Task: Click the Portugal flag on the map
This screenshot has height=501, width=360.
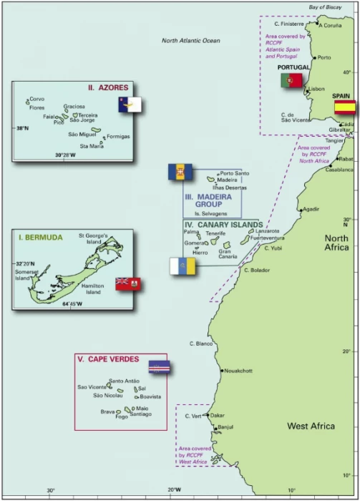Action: coord(291,80)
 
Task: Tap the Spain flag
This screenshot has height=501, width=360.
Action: coord(345,107)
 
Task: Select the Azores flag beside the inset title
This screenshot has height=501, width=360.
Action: coord(130,104)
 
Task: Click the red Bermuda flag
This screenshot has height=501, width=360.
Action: coord(129,284)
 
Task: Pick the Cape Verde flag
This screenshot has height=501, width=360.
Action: coord(159,367)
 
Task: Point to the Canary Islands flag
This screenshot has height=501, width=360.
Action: coord(183,266)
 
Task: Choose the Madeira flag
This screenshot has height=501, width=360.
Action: coord(180,172)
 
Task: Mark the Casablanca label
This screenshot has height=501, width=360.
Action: coord(339,170)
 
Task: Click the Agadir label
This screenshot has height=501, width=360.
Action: coord(311,209)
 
